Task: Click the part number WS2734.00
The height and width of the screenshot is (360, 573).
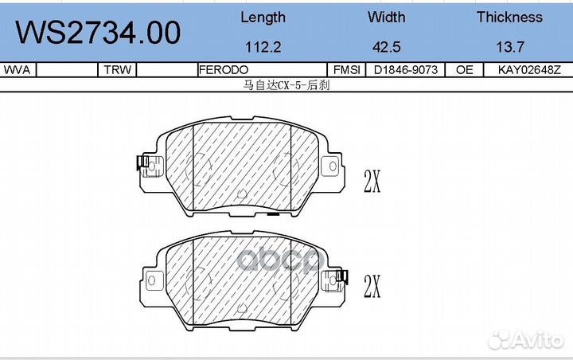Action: tap(99, 33)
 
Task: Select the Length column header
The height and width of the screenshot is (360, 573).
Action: tap(263, 17)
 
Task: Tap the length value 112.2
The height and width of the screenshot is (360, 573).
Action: tap(263, 47)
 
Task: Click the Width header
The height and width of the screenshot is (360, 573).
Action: tap(386, 17)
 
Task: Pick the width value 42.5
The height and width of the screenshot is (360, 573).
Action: tap(386, 47)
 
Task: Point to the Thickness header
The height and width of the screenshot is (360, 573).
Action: tap(509, 17)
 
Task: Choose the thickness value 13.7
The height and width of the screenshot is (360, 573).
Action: tap(509, 47)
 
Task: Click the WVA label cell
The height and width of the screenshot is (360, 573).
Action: tap(18, 70)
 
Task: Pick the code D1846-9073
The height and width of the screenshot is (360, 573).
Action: tap(405, 70)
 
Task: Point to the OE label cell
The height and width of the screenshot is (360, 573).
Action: tap(465, 70)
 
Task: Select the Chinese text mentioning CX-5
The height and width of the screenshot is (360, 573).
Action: tap(286, 84)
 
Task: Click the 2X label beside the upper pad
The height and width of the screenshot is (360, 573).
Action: tap(372, 182)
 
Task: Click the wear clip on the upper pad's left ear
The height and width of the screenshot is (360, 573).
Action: tap(142, 164)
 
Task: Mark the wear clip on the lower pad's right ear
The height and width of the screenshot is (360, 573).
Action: tap(342, 276)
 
